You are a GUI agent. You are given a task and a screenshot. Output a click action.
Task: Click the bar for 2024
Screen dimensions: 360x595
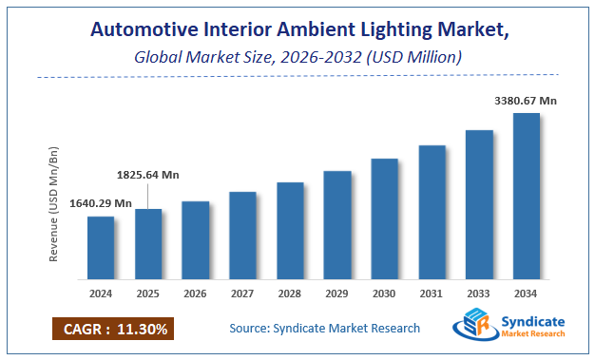pos(101,248)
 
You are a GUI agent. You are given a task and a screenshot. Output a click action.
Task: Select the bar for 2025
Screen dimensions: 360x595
pos(148,244)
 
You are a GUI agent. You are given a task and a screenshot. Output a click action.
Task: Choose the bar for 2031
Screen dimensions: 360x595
pos(432,213)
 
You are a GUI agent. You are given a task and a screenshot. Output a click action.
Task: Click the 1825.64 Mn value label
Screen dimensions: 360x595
pos(147,175)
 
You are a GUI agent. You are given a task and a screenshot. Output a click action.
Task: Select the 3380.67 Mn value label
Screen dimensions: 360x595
pos(526,101)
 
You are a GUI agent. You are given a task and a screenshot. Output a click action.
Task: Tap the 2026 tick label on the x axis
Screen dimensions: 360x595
pos(195,294)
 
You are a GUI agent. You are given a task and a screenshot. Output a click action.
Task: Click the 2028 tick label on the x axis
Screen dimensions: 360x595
pos(290,294)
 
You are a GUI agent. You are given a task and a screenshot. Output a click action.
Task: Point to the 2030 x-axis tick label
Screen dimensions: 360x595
pos(384,294)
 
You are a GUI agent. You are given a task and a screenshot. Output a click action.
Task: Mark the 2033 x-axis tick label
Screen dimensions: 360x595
pos(479,294)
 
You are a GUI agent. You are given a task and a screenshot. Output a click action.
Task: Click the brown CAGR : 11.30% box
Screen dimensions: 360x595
pos(112,330)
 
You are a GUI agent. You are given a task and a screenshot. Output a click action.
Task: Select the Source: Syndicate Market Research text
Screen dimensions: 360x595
pos(324,329)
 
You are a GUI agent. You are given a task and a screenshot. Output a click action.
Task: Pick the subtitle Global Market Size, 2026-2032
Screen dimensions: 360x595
pos(297,58)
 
